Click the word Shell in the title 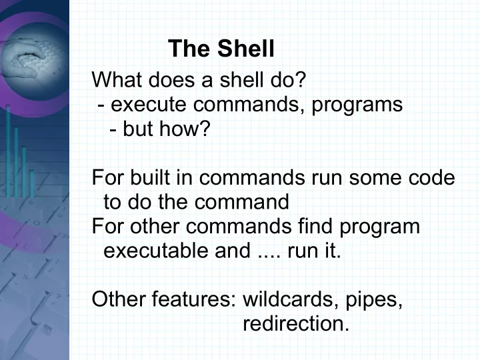pos(245,49)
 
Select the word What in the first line pos(117,79)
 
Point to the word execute pos(149,105)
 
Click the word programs pos(357,105)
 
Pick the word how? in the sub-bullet pos(185,129)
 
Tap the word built pos(150,177)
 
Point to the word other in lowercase pos(155,226)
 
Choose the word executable pos(156,251)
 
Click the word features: pos(194,299)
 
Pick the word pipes pos(374,300)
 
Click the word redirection pos(296,323)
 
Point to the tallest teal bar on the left pos(8,151)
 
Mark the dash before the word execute pos(101,106)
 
